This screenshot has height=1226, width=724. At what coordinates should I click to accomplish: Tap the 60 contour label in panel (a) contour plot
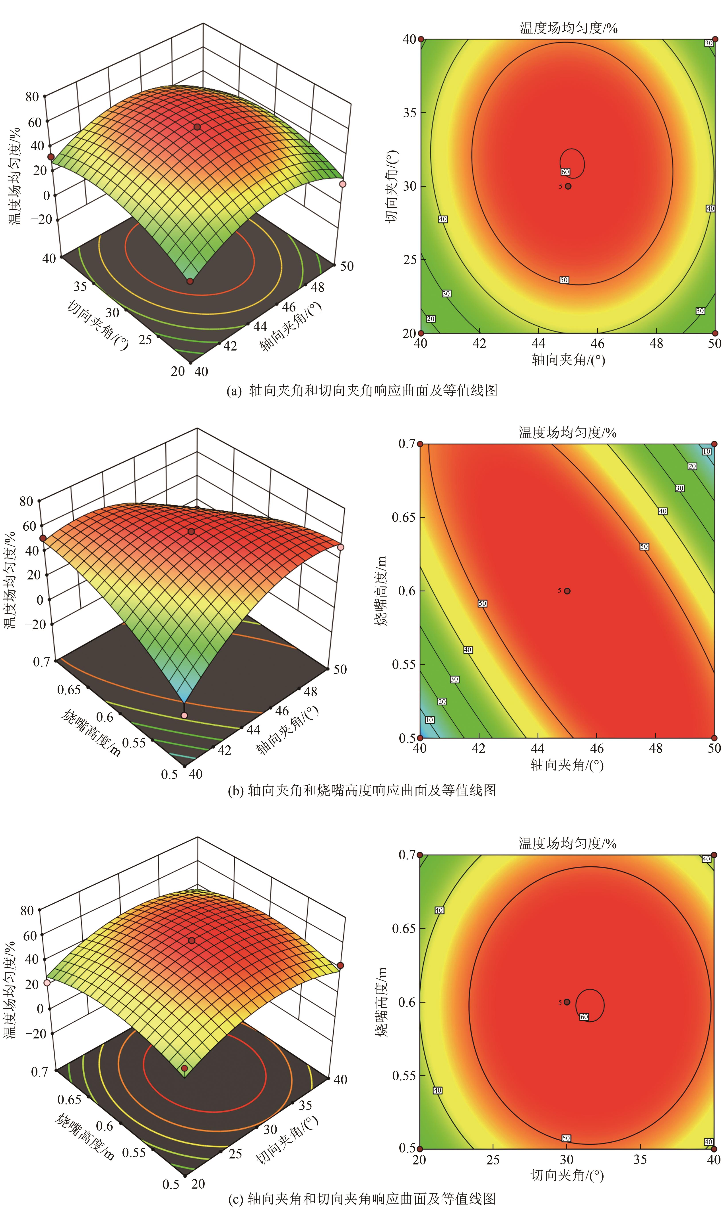pos(565,172)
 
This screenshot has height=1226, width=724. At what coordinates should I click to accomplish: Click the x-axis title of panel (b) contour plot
pos(567,765)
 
